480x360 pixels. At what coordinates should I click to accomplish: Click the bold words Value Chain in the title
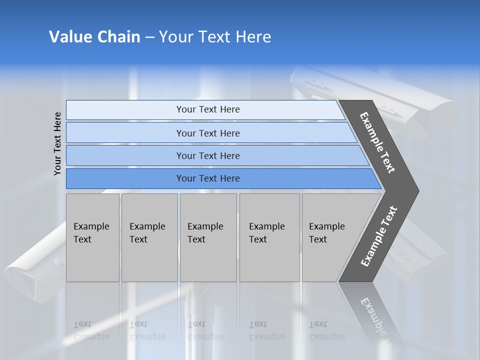tap(94, 37)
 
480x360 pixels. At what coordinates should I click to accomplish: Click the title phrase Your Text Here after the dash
tap(215, 37)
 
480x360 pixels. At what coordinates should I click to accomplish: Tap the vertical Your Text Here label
tap(57, 143)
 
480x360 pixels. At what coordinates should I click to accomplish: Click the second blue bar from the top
tap(207, 133)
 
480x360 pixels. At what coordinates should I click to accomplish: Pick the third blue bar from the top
tap(207, 155)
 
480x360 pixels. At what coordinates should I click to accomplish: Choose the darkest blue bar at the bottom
tap(207, 178)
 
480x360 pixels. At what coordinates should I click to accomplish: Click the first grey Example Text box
tap(92, 237)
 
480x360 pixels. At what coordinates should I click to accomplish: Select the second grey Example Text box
tap(149, 237)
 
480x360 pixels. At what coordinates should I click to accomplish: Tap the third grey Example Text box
tap(207, 237)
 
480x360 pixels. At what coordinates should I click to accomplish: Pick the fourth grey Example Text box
tap(269, 237)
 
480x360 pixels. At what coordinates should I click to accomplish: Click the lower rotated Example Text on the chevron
tap(379, 236)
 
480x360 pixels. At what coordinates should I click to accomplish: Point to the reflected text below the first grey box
tap(91, 330)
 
